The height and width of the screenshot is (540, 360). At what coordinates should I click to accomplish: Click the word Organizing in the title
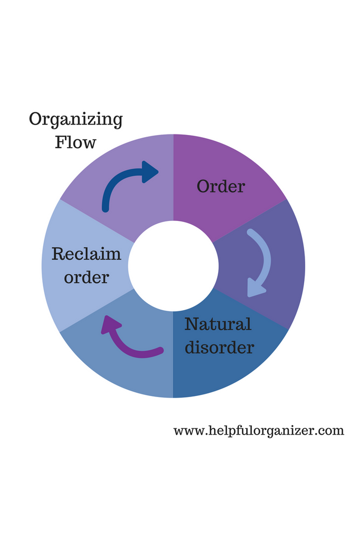pyautogui.click(x=75, y=120)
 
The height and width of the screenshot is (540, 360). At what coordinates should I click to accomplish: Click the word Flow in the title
pyautogui.click(x=75, y=142)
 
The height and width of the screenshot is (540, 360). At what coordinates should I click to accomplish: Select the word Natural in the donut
pyautogui.click(x=218, y=324)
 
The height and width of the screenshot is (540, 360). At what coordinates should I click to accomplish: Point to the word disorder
pyautogui.click(x=219, y=348)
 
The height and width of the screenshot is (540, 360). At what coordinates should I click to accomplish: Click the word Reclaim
pyautogui.click(x=86, y=254)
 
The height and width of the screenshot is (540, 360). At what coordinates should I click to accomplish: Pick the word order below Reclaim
pyautogui.click(x=86, y=277)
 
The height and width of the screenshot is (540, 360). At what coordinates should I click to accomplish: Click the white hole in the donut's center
pyautogui.click(x=173, y=266)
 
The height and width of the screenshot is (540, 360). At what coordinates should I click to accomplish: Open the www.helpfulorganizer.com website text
pyautogui.click(x=258, y=431)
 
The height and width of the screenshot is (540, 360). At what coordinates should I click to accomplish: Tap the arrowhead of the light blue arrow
pyautogui.click(x=255, y=290)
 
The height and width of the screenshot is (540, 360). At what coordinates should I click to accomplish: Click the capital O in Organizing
pyautogui.click(x=36, y=119)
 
